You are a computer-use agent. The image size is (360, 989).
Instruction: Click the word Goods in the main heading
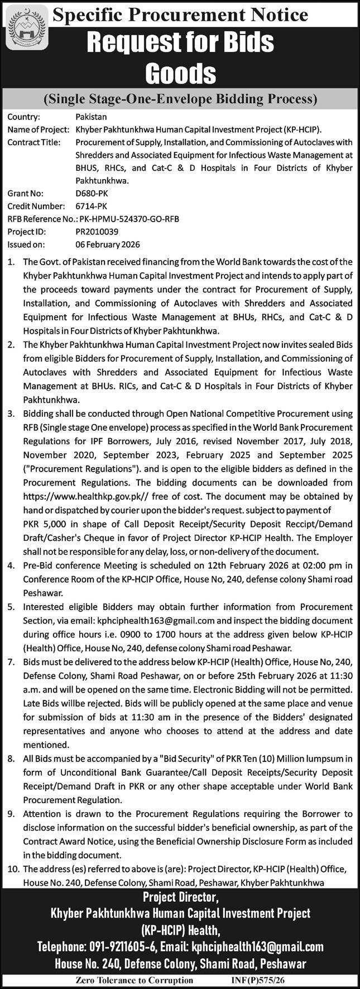(180, 73)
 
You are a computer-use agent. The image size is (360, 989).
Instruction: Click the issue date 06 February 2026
(108, 244)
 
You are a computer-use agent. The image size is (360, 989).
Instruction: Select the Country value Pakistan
(91, 117)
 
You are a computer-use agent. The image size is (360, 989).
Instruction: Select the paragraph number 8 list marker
(12, 758)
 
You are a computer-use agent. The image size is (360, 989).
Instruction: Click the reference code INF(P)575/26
(260, 980)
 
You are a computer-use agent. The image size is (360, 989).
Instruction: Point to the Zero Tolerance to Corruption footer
(135, 980)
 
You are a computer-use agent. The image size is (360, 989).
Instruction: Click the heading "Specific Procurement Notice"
(180, 15)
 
